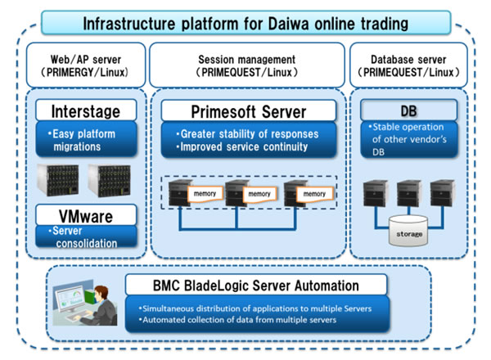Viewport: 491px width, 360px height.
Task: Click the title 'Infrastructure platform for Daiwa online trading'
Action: tap(245, 20)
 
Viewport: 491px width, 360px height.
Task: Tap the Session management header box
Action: tap(246, 65)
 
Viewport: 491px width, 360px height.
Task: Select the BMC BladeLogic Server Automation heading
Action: tap(255, 286)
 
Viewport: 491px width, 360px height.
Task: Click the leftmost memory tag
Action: tap(204, 194)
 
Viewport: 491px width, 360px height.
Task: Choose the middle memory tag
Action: tap(259, 194)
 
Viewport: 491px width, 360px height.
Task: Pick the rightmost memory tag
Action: tap(313, 194)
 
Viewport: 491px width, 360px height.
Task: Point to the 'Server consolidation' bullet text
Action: tap(86, 238)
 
